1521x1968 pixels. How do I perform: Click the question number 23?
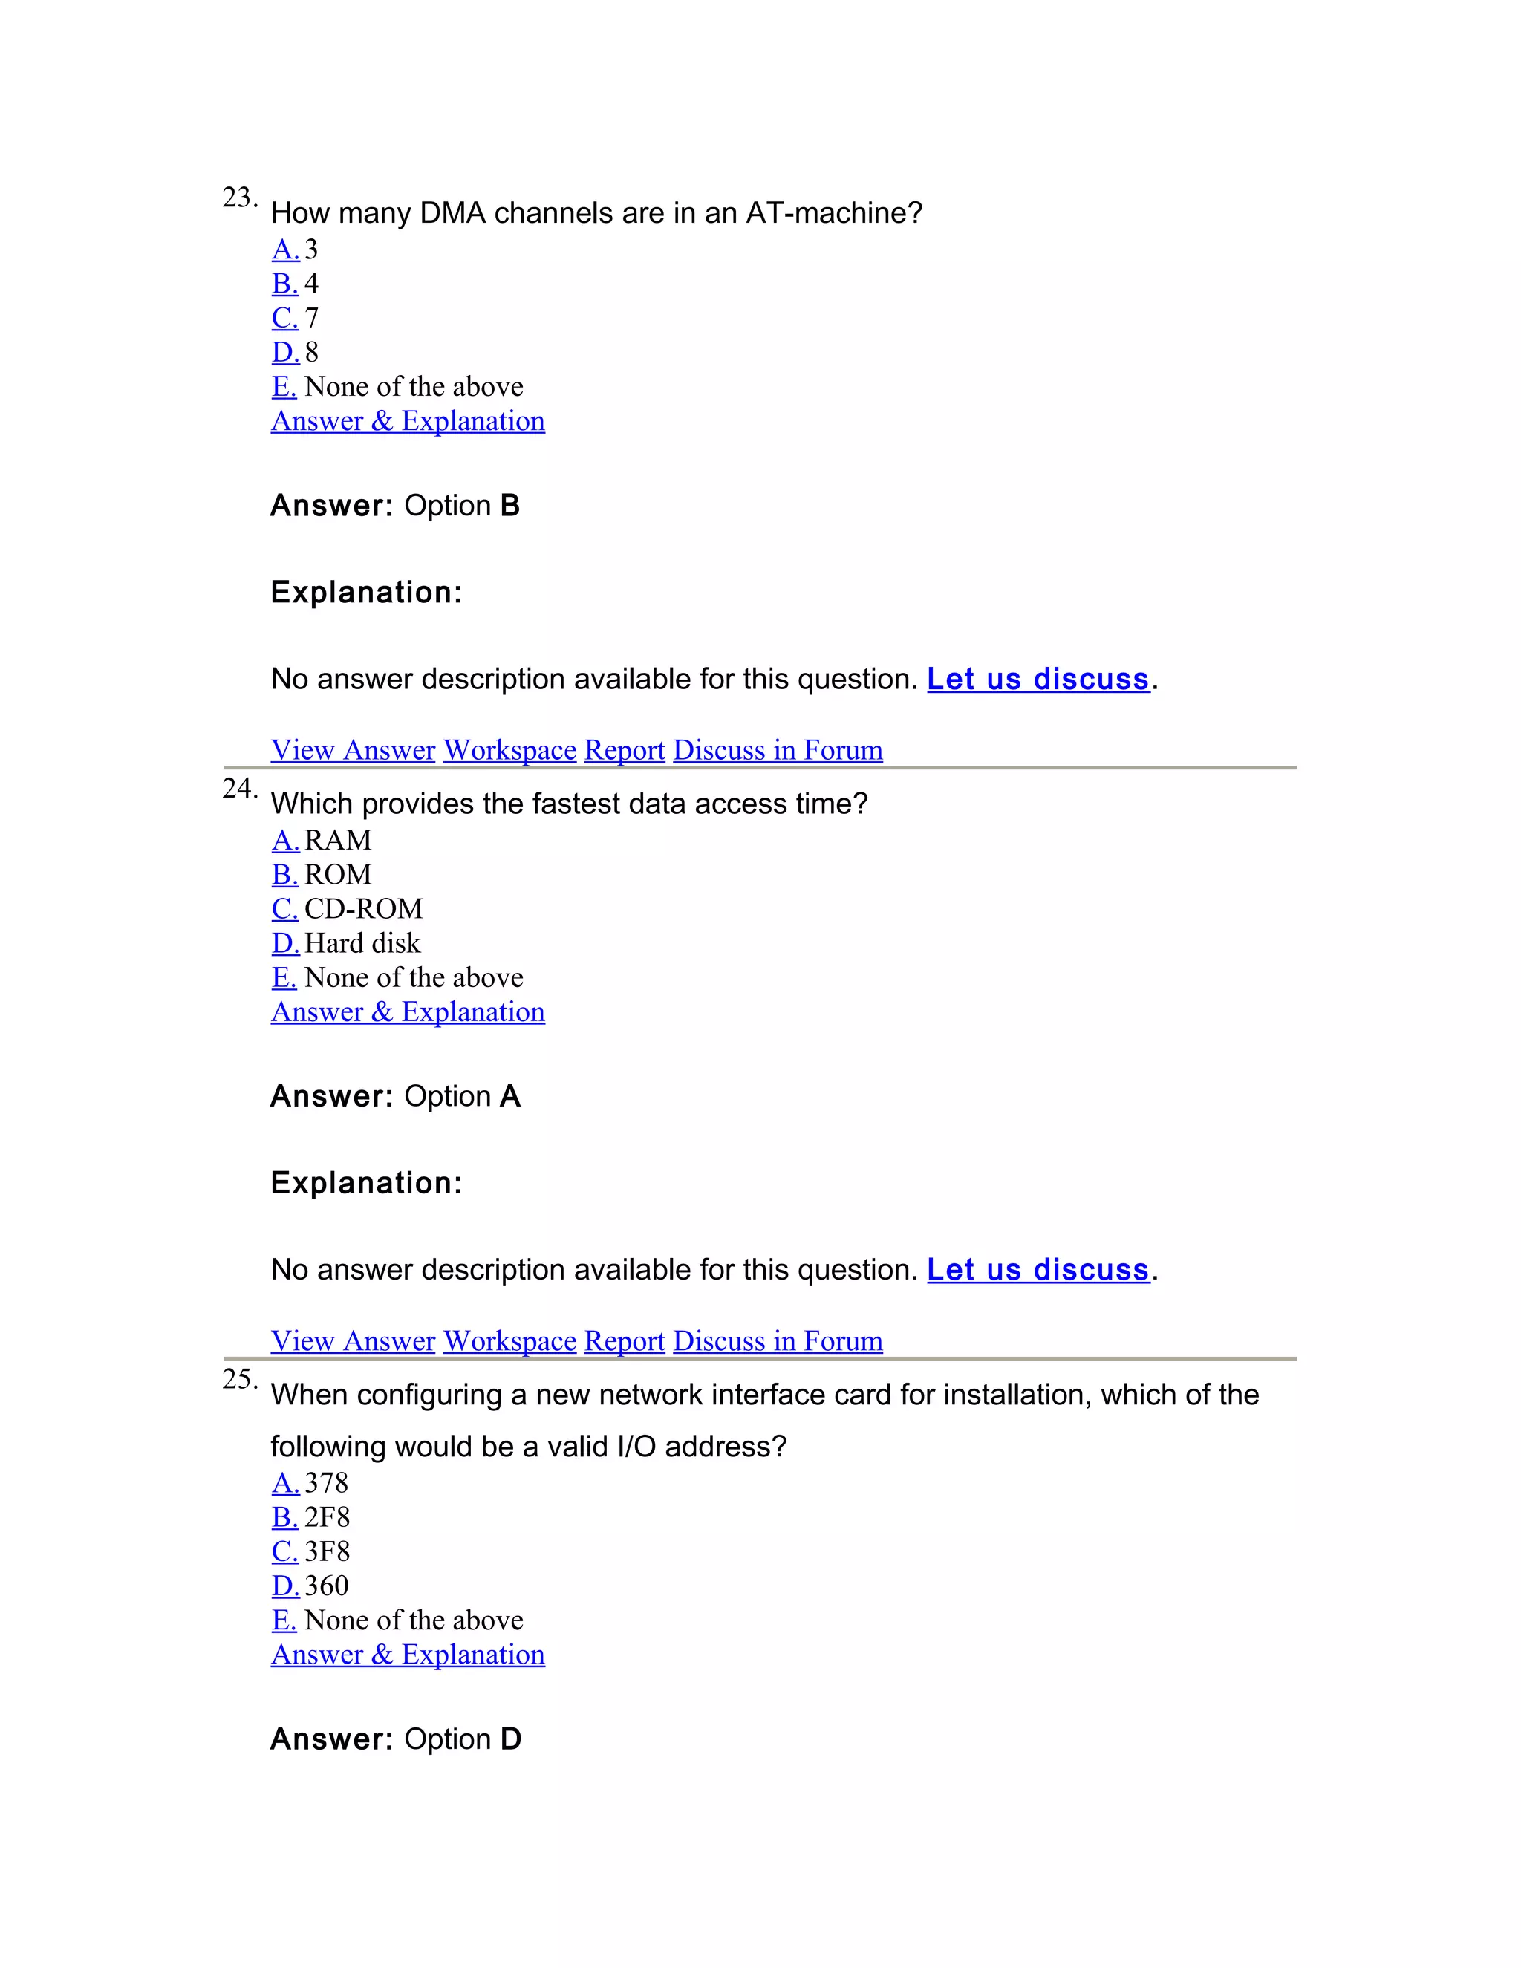(239, 198)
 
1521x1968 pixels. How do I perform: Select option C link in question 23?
(284, 318)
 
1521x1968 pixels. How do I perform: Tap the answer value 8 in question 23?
(312, 352)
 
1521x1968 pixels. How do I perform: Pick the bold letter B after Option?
(510, 506)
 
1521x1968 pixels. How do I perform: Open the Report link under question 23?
(625, 750)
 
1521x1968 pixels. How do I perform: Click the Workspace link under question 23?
(510, 750)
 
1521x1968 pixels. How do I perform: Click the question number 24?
(239, 789)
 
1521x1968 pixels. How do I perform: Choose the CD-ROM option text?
(364, 908)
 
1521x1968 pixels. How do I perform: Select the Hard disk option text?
(362, 942)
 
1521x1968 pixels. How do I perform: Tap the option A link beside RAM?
(284, 840)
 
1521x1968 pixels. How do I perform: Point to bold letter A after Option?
(510, 1097)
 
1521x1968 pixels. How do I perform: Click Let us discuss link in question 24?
(1038, 1270)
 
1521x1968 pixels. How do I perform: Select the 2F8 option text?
(327, 1517)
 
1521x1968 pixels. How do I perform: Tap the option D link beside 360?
(284, 1586)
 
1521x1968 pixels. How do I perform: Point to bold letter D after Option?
(511, 1739)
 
